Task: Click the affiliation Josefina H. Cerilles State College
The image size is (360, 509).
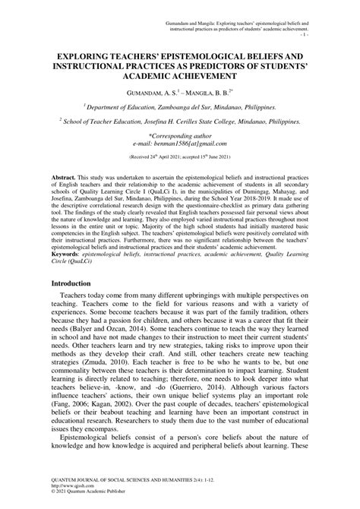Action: coord(209,120)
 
